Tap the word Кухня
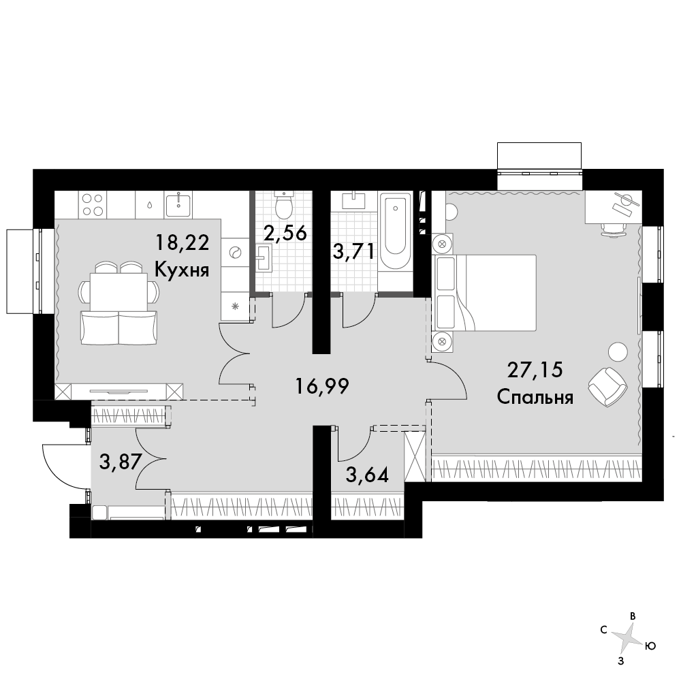(x=182, y=270)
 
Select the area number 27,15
(x=535, y=370)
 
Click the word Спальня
(x=535, y=398)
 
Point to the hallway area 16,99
(x=322, y=386)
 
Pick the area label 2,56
(x=285, y=233)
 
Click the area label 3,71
(x=353, y=251)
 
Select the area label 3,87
(x=121, y=462)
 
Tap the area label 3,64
(x=367, y=475)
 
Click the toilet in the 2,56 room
(x=285, y=204)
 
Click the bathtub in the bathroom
(x=395, y=229)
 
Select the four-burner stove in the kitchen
(x=93, y=204)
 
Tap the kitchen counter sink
(x=178, y=204)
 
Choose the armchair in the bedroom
(x=607, y=387)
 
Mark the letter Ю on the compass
(x=650, y=646)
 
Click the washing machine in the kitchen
(x=234, y=253)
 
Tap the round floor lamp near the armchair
(x=618, y=351)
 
